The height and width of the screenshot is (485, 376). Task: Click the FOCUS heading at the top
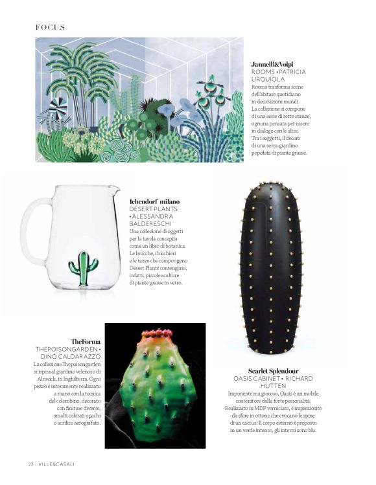[x=50, y=27]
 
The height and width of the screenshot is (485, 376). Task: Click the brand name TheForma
[x=86, y=341]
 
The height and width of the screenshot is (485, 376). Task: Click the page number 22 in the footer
[x=30, y=464]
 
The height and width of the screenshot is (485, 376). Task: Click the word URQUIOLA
[x=268, y=79]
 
